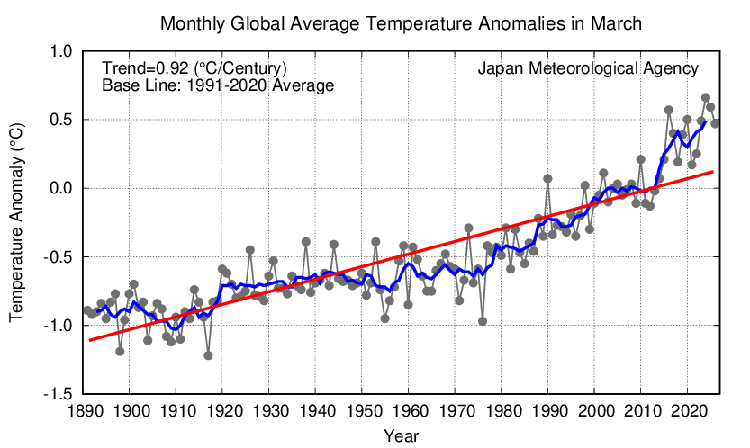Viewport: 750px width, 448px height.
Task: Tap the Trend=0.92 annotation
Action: pyautogui.click(x=194, y=68)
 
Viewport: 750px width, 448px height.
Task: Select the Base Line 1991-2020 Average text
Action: pyautogui.click(x=218, y=86)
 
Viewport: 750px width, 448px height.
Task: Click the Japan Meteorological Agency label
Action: pyautogui.click(x=588, y=68)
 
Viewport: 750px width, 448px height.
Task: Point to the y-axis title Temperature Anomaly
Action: pyautogui.click(x=16, y=223)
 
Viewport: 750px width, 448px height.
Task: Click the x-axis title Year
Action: pyautogui.click(x=399, y=435)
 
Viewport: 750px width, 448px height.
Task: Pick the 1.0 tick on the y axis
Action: pyautogui.click(x=60, y=51)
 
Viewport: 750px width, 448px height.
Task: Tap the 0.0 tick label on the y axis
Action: pyautogui.click(x=60, y=188)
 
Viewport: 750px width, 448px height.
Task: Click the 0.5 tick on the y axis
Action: pyautogui.click(x=60, y=120)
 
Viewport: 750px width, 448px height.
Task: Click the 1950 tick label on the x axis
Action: pyautogui.click(x=362, y=410)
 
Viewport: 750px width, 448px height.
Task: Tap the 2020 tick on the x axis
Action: pyautogui.click(x=688, y=410)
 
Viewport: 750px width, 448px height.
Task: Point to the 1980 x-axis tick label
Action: pyautogui.click(x=502, y=410)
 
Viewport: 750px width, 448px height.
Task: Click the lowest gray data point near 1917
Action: pyautogui.click(x=208, y=355)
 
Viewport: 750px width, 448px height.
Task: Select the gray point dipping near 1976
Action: pyautogui.click(x=483, y=321)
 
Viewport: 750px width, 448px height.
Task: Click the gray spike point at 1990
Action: pyautogui.click(x=547, y=178)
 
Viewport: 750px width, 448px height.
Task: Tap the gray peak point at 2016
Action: pyautogui.click(x=669, y=110)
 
